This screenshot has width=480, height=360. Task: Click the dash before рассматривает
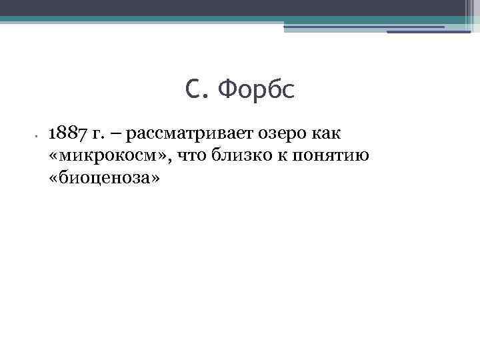point(114,134)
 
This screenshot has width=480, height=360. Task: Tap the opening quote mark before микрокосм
point(54,156)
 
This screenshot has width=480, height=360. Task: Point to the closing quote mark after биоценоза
point(155,177)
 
